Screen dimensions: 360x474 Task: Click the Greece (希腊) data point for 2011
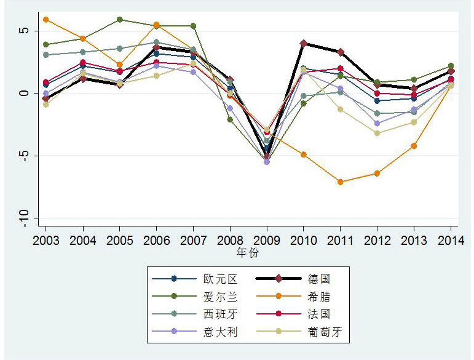tap(340, 182)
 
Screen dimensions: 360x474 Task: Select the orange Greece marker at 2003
tap(45, 20)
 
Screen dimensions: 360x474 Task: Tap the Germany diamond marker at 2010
tap(304, 43)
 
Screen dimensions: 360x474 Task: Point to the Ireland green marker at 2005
tap(119, 20)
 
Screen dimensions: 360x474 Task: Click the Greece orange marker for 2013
tap(414, 146)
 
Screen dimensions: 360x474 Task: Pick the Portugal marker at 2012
tap(377, 133)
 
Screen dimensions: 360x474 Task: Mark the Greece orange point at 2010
tap(304, 154)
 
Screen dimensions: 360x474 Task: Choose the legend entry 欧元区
tap(219, 279)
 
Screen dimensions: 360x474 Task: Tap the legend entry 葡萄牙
tap(326, 332)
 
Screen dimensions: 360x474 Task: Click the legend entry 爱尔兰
tap(219, 297)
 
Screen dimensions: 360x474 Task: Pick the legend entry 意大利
tap(219, 332)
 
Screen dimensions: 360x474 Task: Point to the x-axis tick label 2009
tap(267, 239)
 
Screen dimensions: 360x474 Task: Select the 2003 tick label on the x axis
tap(45, 239)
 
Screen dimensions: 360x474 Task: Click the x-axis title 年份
tap(248, 253)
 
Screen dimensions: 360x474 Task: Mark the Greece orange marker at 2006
tap(156, 25)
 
